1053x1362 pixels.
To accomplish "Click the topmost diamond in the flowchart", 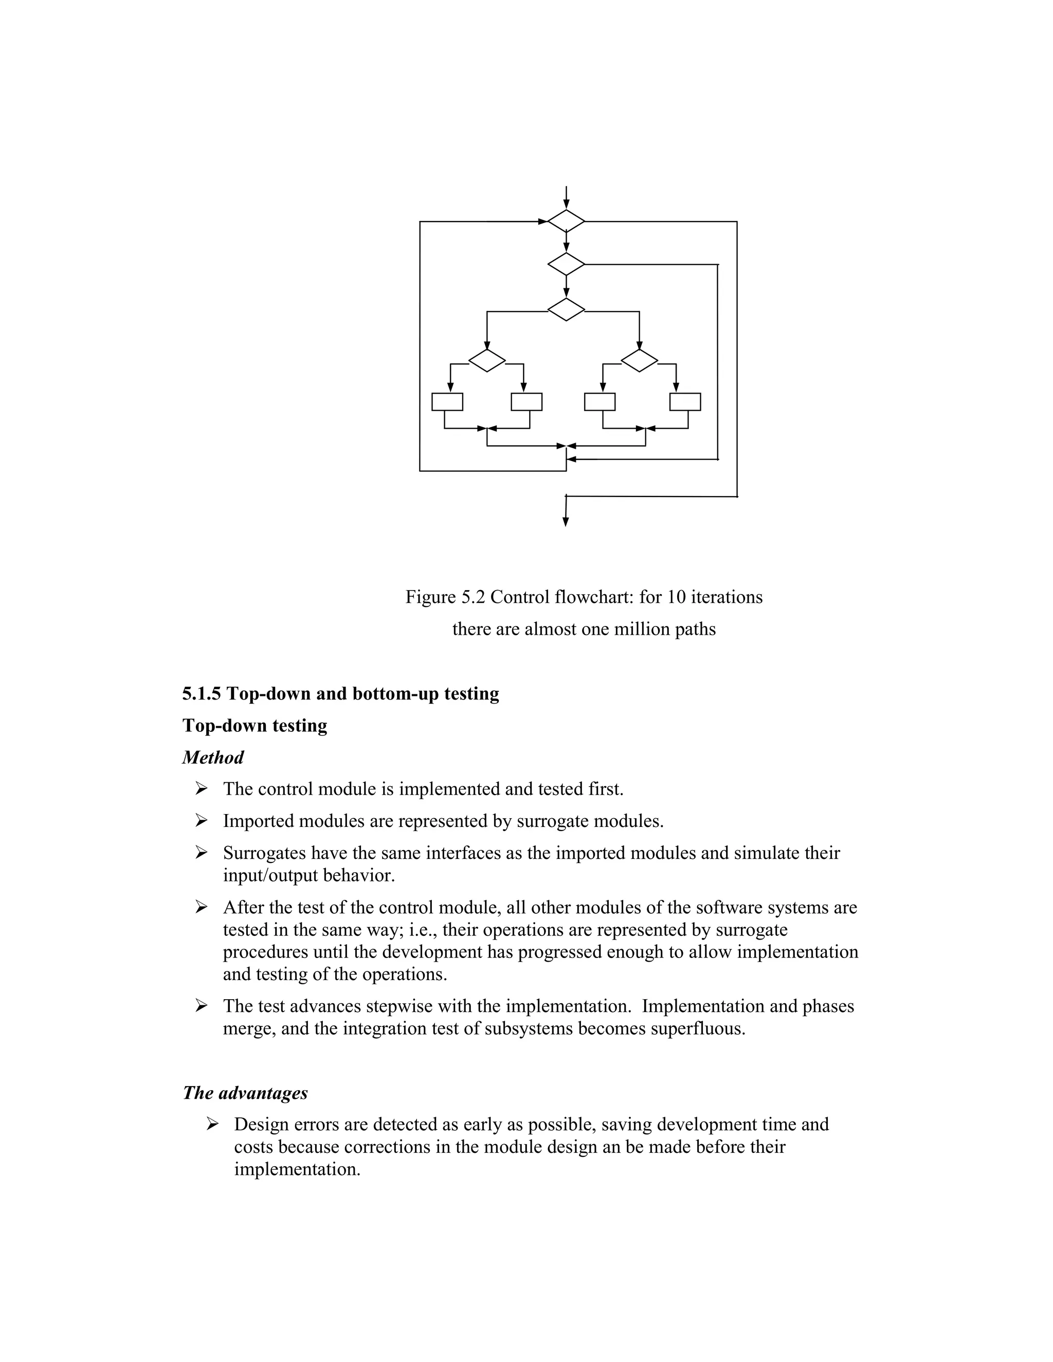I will point(566,222).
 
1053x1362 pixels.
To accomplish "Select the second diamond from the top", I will point(566,264).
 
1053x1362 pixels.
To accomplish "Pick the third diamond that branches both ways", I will point(566,310).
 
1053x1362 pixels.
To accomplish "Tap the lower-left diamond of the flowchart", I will point(486,360).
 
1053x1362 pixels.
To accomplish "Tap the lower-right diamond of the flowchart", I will point(640,360).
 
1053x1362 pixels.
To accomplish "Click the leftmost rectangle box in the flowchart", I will point(447,401).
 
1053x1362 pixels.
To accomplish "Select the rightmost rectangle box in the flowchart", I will point(685,401).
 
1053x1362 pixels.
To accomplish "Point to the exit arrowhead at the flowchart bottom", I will point(566,522).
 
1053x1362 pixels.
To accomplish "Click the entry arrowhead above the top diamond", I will point(566,204).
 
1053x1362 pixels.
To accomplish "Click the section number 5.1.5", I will point(202,693).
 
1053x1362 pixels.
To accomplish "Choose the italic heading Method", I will point(213,758).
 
